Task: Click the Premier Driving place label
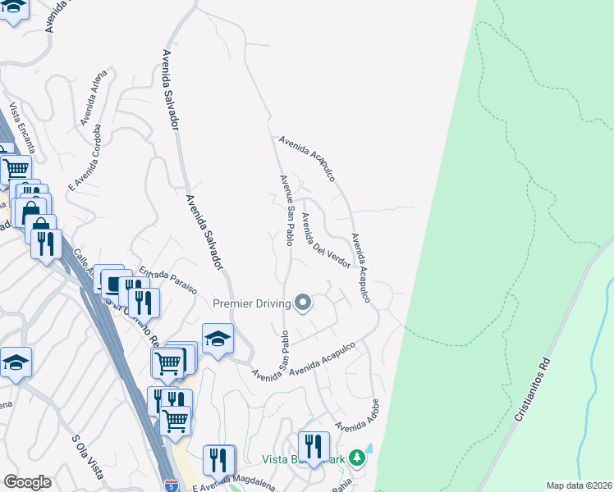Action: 252,303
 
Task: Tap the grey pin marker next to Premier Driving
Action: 303,303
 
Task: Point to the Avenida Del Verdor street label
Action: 325,239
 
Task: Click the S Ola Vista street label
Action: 88,457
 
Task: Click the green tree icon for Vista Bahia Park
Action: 357,457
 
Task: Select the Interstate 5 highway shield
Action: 171,485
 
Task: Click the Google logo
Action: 27,482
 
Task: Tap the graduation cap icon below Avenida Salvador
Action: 218,338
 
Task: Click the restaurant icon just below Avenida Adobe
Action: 314,446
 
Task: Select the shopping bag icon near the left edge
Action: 30,208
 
